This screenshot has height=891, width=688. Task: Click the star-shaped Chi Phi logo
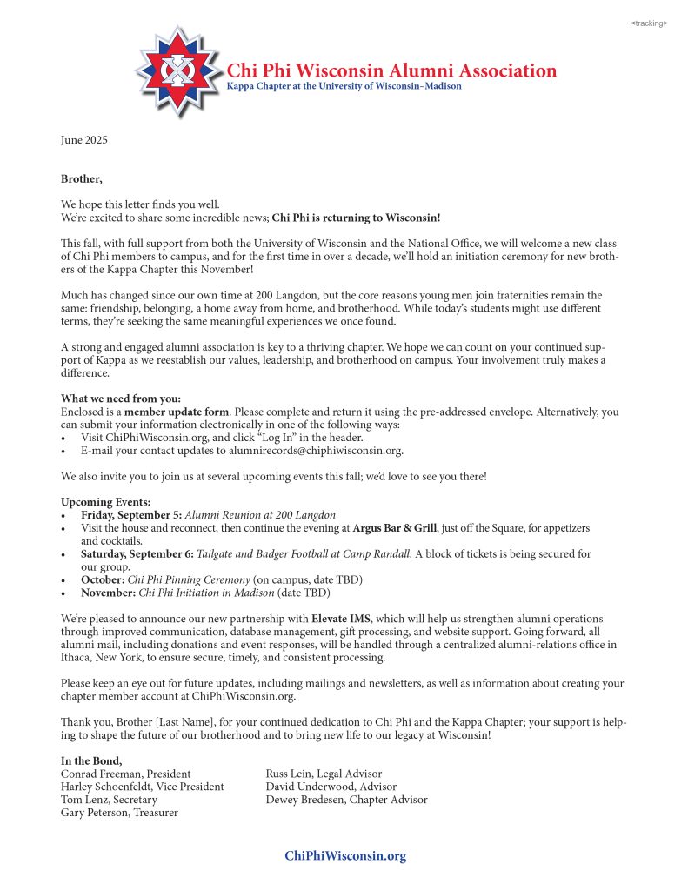point(179,72)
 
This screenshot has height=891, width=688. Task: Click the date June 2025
point(84,140)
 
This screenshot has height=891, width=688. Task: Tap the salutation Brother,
point(81,179)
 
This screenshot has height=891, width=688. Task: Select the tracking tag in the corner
point(649,23)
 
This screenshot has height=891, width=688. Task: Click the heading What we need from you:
point(121,399)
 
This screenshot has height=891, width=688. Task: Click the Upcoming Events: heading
point(105,502)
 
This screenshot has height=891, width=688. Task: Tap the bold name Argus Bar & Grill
point(395,528)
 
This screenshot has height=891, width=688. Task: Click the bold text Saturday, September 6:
point(137,553)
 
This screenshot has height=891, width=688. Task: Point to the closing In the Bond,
point(91,760)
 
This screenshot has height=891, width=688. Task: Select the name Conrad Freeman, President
point(126,774)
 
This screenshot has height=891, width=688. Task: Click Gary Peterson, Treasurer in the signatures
point(119,813)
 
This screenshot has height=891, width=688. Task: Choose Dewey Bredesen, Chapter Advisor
point(346,800)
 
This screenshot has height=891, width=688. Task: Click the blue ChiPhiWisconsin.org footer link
point(345,856)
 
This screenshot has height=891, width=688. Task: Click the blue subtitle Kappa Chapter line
point(344,86)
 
